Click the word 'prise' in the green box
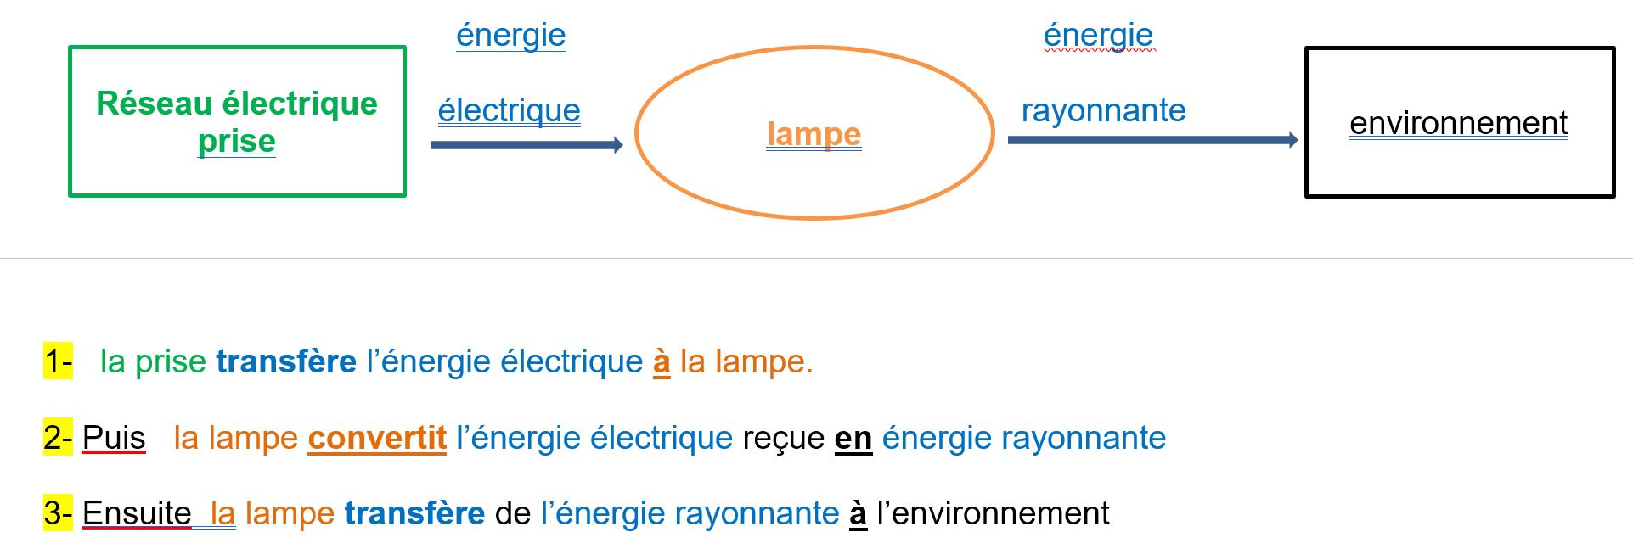236,142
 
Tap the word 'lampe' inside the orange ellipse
814,134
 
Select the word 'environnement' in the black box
1458,123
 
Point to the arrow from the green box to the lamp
527,145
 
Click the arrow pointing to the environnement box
1152,140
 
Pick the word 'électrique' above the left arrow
509,110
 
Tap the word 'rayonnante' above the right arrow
1103,110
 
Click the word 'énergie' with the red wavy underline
1098,36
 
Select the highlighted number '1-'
58,361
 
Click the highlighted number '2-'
58,438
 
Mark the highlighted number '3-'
58,513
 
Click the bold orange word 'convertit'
377,438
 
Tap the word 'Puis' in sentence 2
114,438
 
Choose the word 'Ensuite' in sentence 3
137,513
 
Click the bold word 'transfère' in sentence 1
286,361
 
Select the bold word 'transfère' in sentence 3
414,513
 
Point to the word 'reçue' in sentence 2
783,439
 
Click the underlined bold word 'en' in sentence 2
853,439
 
